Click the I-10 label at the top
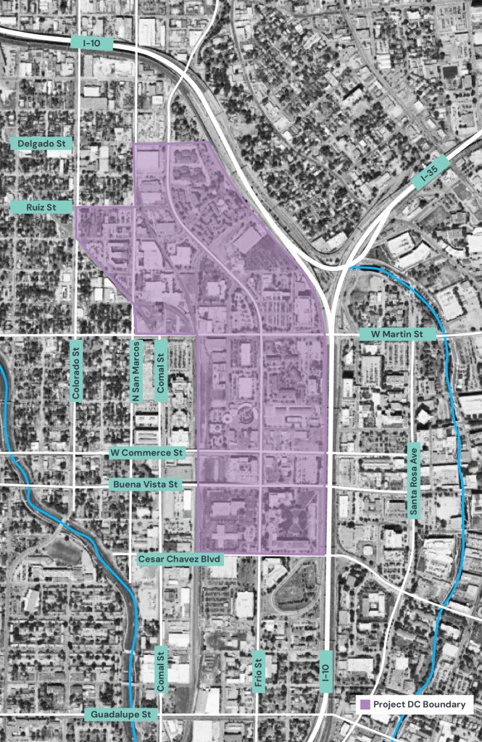coord(92,43)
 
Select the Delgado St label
coord(42,144)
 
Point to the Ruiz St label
coord(42,207)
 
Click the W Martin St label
coord(398,334)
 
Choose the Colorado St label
coord(77,370)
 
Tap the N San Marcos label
coord(136,370)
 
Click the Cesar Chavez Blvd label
coord(180,559)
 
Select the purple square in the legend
coord(366,704)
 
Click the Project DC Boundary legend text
coord(420,704)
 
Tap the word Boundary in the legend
coord(445,704)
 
